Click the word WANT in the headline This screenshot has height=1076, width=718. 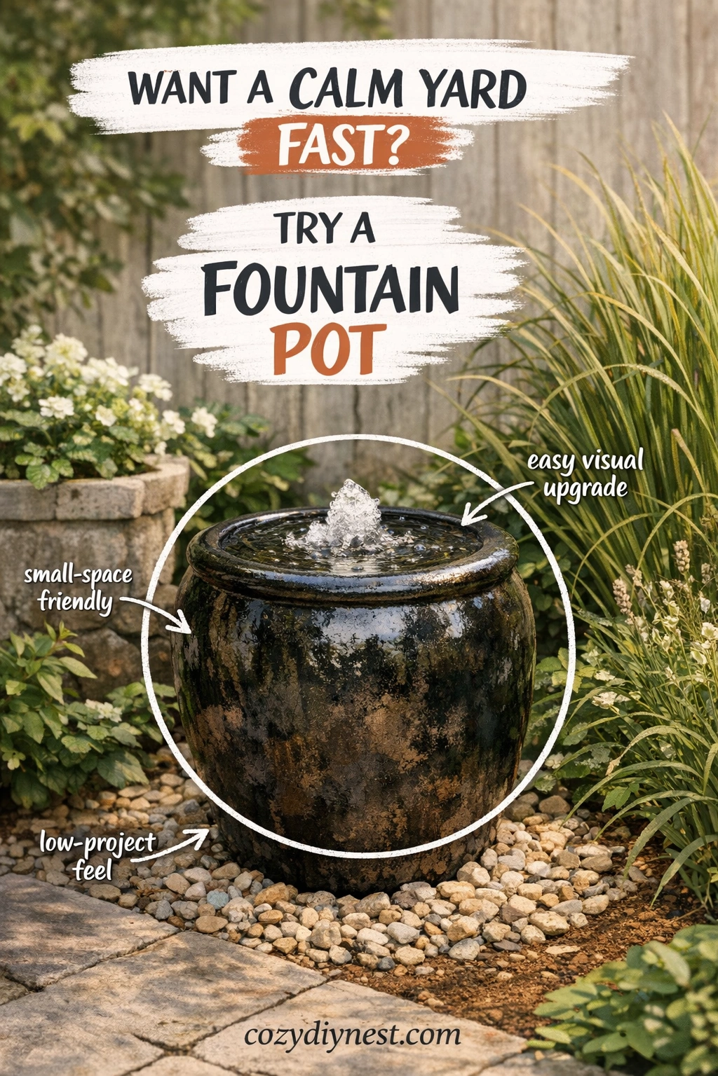181,89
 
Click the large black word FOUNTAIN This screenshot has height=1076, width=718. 331,289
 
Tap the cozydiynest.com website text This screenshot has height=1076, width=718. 352,1035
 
